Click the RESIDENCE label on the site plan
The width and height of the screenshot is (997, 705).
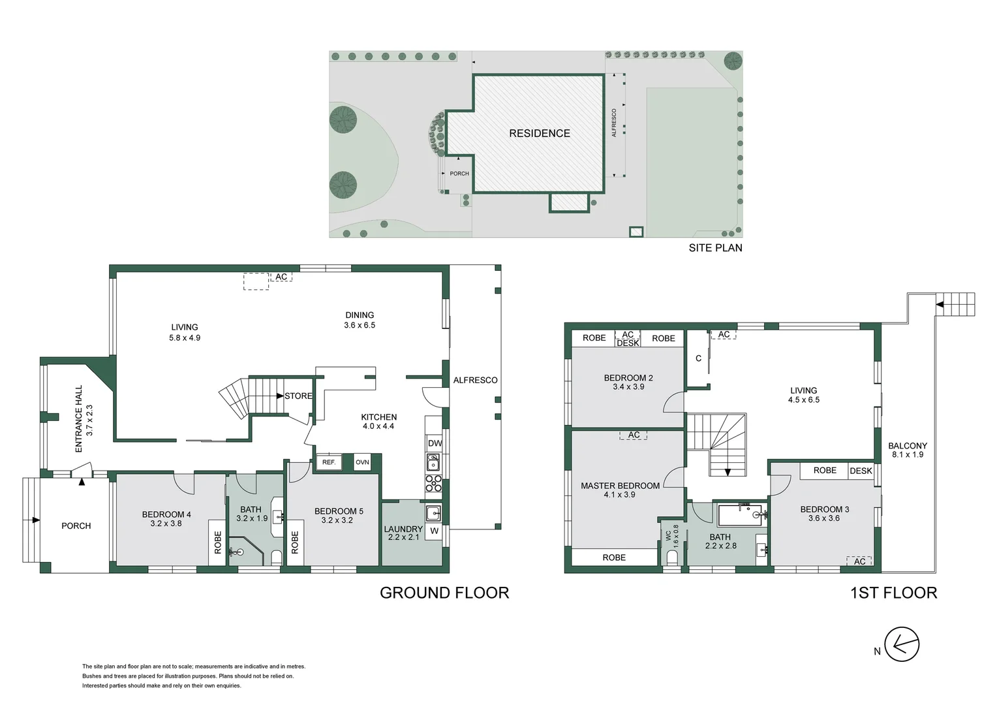(539, 133)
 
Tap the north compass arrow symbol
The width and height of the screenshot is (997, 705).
(902, 645)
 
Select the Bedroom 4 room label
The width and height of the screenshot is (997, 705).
(166, 518)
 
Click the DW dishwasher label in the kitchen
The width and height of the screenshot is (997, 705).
(435, 443)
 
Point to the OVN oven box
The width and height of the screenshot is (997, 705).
(362, 462)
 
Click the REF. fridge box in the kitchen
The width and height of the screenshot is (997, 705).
(328, 462)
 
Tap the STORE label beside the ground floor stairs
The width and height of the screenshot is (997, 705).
(298, 396)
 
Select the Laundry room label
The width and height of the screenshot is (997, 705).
(403, 533)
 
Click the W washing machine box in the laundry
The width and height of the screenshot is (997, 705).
(434, 531)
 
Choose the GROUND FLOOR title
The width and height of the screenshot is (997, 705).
(444, 593)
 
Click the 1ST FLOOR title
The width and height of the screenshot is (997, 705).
(893, 593)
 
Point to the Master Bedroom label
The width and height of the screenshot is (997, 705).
(620, 490)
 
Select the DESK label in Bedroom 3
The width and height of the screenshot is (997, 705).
(861, 471)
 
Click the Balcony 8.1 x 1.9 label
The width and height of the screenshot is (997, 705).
(907, 450)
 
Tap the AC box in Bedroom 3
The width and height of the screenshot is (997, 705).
(859, 561)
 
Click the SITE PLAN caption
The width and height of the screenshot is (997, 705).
(715, 248)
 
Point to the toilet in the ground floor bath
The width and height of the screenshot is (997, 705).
(276, 557)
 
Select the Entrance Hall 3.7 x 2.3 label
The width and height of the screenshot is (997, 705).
(84, 419)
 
